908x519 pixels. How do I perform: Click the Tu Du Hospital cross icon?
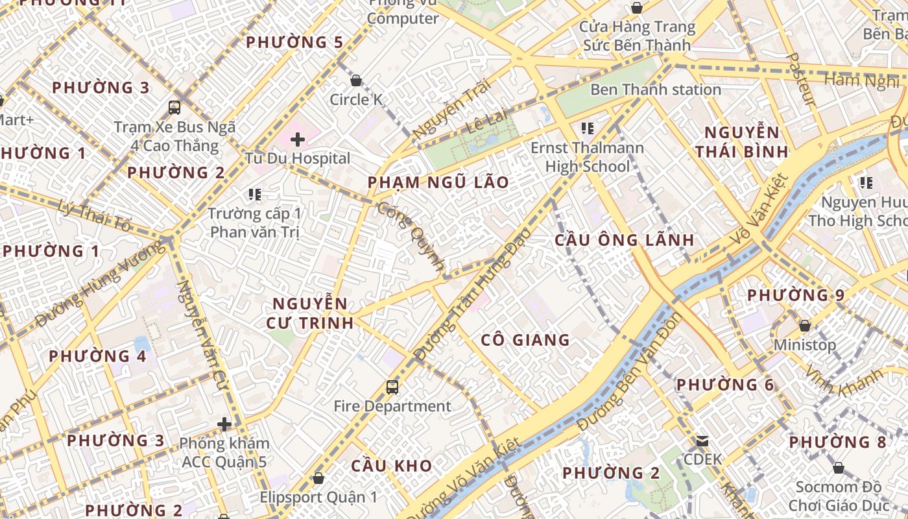[298, 139]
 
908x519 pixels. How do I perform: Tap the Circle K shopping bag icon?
[356, 81]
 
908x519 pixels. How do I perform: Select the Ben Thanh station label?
[655, 90]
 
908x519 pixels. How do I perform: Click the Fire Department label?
[392, 407]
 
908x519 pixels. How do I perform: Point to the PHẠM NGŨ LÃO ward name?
[438, 182]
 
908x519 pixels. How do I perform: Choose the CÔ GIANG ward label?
[525, 340]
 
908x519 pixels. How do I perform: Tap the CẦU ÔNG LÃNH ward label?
[625, 240]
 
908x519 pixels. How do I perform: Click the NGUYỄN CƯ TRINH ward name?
[311, 313]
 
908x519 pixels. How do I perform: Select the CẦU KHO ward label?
[392, 466]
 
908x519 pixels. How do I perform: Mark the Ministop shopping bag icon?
[805, 326]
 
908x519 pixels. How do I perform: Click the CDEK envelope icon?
[702, 442]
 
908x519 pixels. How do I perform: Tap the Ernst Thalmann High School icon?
[588, 128]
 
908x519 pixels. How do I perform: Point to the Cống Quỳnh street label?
[412, 237]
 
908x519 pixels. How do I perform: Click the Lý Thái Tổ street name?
[94, 217]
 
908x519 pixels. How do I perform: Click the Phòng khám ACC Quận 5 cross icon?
[224, 425]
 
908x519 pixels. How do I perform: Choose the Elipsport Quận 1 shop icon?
[318, 479]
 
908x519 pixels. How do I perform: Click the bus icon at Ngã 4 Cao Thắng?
[174, 108]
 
